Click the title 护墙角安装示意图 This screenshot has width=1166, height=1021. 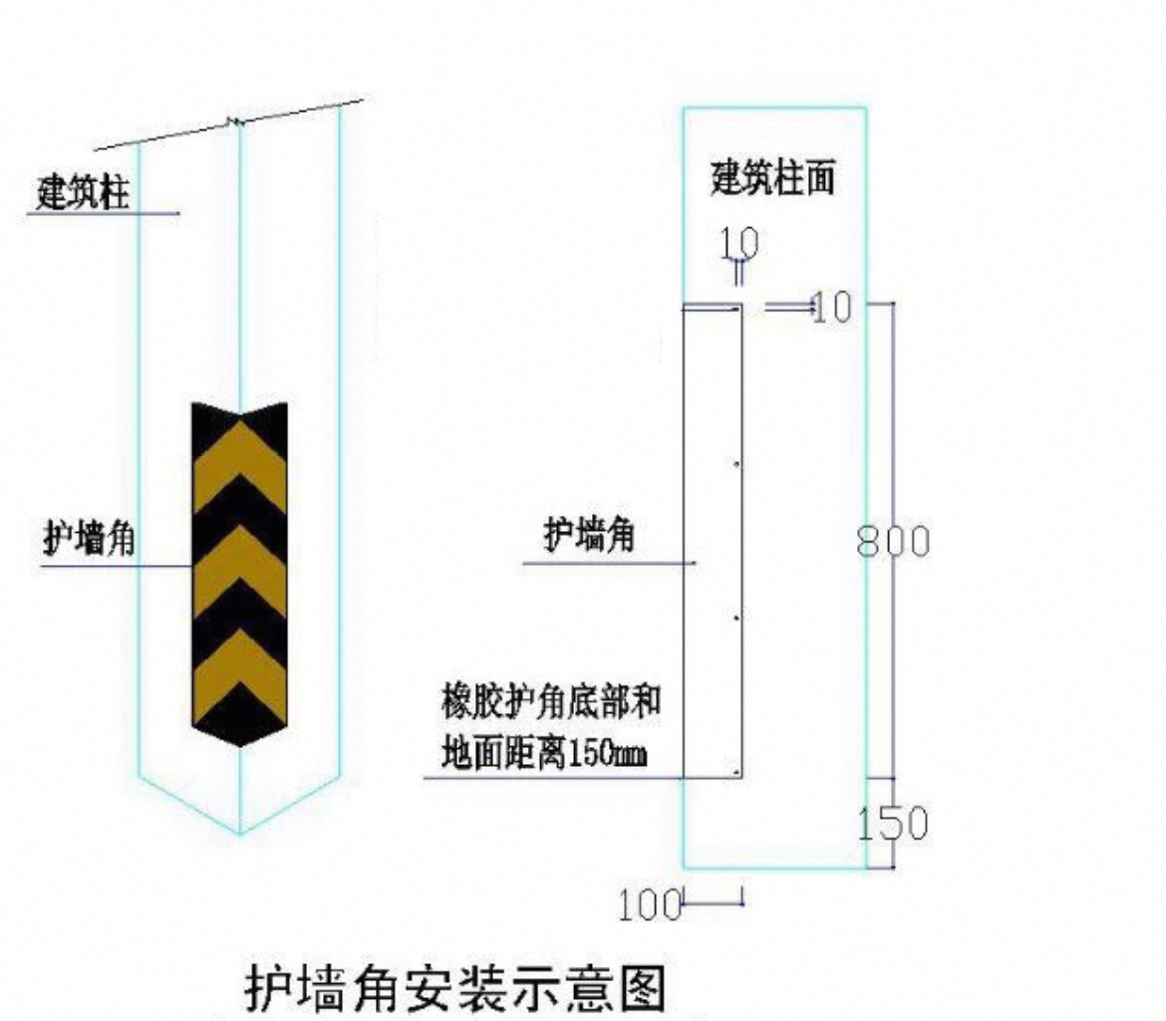coord(455,987)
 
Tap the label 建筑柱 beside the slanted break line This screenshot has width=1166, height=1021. coord(83,192)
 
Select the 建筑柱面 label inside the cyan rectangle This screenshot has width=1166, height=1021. coord(772,177)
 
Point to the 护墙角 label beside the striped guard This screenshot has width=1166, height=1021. coord(90,537)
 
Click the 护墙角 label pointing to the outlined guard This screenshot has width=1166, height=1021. coord(589,534)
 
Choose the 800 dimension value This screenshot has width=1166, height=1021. coord(893,541)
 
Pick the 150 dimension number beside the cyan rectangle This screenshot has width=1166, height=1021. coord(893,823)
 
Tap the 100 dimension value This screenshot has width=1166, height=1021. coord(649,905)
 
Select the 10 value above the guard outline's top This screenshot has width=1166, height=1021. coord(739,243)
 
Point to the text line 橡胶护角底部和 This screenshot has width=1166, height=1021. coord(551,701)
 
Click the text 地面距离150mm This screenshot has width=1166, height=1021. coord(543,753)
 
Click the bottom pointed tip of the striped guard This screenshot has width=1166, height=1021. coord(239,746)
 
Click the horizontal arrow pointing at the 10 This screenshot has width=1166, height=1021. coord(789,305)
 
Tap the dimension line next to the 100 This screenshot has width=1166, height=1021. coord(714,903)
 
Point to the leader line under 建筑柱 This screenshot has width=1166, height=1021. coord(104,214)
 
